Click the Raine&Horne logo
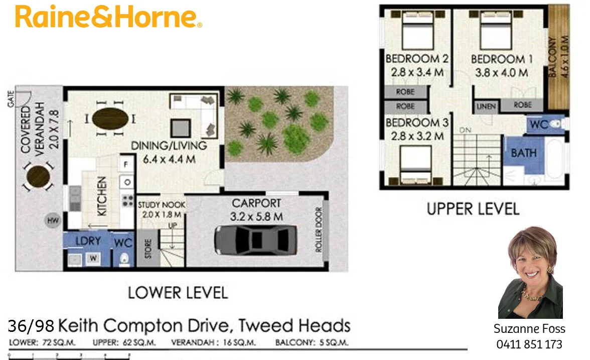pos(108,17)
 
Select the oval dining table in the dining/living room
pos(110,119)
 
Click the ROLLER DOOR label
pos(319,230)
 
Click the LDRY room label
pos(88,241)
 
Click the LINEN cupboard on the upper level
pos(486,106)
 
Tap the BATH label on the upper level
pos(524,153)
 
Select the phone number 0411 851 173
pos(529,345)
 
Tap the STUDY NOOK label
pos(162,205)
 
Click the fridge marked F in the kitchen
pos(125,164)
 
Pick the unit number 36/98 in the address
pos(31,326)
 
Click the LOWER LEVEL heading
pos(178,293)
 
